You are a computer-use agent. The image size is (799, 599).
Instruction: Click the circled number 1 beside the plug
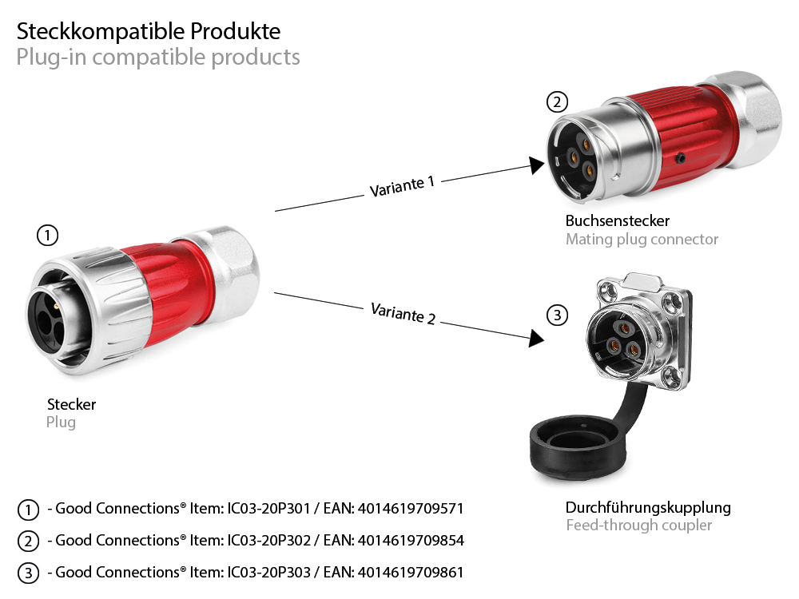coord(48,235)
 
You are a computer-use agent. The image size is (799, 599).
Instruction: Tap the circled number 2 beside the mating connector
coord(557,102)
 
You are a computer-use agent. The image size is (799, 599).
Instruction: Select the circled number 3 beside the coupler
coord(558,315)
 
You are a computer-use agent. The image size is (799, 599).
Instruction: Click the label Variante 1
coord(402,185)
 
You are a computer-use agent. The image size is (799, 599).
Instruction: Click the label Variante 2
coord(403,313)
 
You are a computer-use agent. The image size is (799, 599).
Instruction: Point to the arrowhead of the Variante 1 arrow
coord(536,165)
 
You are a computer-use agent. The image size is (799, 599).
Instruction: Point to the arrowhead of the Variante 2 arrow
coord(536,339)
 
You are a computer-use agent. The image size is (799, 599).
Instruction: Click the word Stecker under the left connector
coord(71,405)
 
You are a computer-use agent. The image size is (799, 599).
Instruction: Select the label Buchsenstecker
coord(617,221)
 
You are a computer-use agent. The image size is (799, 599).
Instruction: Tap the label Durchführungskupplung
coord(647,508)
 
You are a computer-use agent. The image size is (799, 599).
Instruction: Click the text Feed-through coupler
coord(638,526)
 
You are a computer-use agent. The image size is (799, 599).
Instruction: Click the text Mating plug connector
coord(642,239)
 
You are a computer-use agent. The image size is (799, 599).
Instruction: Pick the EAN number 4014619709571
coord(411,509)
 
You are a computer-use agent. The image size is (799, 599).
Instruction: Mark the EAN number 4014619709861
coord(411,573)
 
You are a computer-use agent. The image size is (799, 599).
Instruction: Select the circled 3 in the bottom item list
coord(28,573)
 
